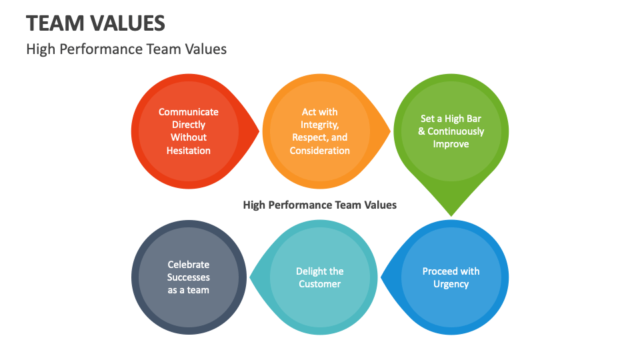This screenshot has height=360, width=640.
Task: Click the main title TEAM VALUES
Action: [x=95, y=23]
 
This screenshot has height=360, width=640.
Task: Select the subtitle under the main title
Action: [x=126, y=49]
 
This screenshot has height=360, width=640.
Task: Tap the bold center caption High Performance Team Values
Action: [x=319, y=205]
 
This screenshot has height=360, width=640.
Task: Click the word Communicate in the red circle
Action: [x=189, y=112]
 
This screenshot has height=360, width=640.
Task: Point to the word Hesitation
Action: [x=189, y=151]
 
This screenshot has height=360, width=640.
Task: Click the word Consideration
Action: [x=319, y=151]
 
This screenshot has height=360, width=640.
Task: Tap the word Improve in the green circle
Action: [x=451, y=144]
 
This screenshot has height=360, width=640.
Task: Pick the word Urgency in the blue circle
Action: [x=451, y=284]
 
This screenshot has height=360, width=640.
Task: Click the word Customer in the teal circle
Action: [x=319, y=284]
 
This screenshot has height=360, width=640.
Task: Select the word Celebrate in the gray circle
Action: [x=189, y=265]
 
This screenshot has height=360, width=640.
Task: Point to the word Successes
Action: [x=189, y=277]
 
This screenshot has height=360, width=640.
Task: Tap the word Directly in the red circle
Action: [x=189, y=125]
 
